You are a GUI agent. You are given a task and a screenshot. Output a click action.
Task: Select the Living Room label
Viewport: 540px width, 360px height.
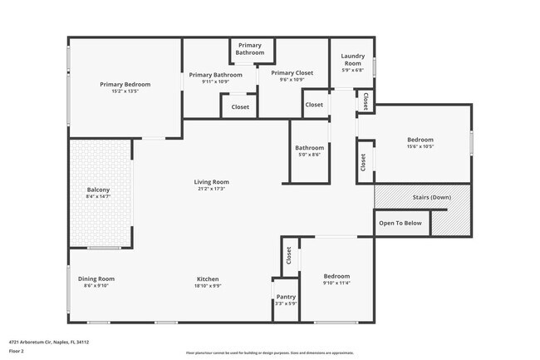click(x=212, y=182)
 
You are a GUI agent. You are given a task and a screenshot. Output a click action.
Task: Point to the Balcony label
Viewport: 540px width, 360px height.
click(x=98, y=190)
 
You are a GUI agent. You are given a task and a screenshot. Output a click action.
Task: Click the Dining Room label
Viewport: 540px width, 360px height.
click(x=96, y=278)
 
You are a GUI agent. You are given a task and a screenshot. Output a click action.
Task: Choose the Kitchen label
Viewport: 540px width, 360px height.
click(x=208, y=278)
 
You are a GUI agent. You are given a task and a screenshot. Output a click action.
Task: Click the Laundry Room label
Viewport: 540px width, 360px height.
click(x=352, y=60)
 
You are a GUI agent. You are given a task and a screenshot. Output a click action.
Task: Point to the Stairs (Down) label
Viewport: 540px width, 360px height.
click(x=431, y=197)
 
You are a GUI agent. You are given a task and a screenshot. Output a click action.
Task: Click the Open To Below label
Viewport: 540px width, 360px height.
click(x=400, y=223)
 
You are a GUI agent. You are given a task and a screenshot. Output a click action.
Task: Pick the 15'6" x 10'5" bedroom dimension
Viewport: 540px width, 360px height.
click(x=420, y=147)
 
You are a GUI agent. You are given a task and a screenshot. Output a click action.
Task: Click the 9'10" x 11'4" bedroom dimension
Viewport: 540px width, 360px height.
click(x=336, y=283)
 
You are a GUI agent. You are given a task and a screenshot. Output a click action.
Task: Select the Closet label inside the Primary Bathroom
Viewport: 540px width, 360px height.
click(x=240, y=106)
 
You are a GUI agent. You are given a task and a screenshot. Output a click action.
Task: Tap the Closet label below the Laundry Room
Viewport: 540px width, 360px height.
click(x=314, y=105)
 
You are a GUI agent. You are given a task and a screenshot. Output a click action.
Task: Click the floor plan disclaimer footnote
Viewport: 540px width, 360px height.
click(x=270, y=353)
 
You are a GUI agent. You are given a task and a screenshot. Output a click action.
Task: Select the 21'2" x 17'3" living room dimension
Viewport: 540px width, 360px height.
click(x=212, y=189)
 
